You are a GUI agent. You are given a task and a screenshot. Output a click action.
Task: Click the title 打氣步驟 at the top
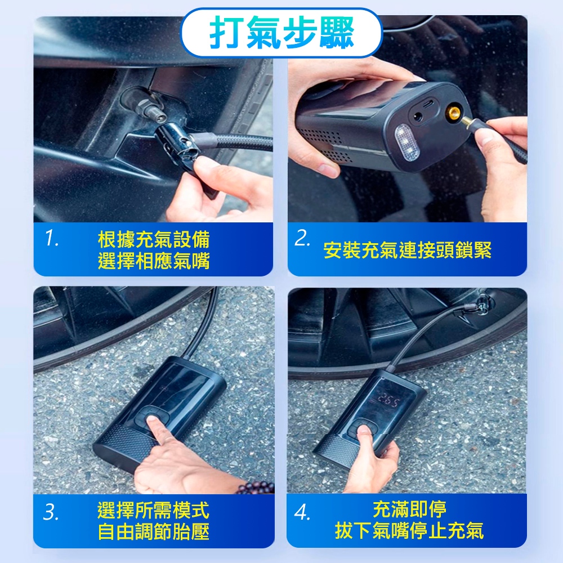282,32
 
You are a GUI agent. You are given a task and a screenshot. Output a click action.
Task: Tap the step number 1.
52,238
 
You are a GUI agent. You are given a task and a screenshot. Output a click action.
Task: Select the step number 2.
302,238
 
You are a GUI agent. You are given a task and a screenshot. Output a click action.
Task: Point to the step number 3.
51,512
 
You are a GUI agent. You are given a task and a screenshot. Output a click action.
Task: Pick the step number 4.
302,512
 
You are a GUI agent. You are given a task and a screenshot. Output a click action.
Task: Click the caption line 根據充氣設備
154,239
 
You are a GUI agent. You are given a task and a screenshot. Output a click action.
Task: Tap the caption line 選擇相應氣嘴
154,261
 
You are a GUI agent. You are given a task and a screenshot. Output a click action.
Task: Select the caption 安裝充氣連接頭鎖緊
407,250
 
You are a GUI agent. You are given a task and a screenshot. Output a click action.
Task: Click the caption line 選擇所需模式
153,510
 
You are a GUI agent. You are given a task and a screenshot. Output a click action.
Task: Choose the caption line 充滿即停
409,509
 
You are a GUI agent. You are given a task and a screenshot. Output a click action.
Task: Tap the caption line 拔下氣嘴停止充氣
409,531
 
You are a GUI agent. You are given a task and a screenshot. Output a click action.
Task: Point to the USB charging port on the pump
428,105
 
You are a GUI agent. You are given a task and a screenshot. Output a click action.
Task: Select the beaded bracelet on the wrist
256,488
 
